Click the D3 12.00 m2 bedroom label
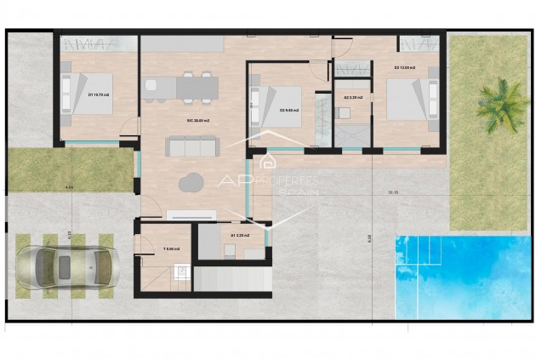(x=404, y=67)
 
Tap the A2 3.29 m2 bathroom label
(x=352, y=98)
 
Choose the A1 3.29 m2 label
(x=239, y=235)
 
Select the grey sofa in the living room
(x=192, y=147)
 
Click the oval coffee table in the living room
(x=192, y=181)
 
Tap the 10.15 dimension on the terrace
(x=392, y=192)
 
